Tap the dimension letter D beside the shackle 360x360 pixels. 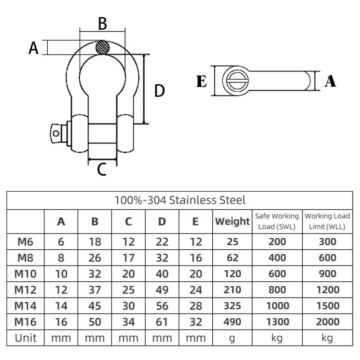(x=159, y=91)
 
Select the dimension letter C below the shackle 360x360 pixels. (x=102, y=170)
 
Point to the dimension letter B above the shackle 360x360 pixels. (x=103, y=24)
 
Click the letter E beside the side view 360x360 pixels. (x=202, y=81)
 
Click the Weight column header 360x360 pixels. (x=232, y=221)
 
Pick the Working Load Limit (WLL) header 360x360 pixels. (x=328, y=221)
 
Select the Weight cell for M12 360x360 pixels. (x=232, y=290)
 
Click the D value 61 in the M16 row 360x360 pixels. (x=162, y=322)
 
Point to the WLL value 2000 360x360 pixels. (x=328, y=322)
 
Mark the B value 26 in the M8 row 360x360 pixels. (x=95, y=258)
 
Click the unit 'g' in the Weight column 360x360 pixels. (x=232, y=337)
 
